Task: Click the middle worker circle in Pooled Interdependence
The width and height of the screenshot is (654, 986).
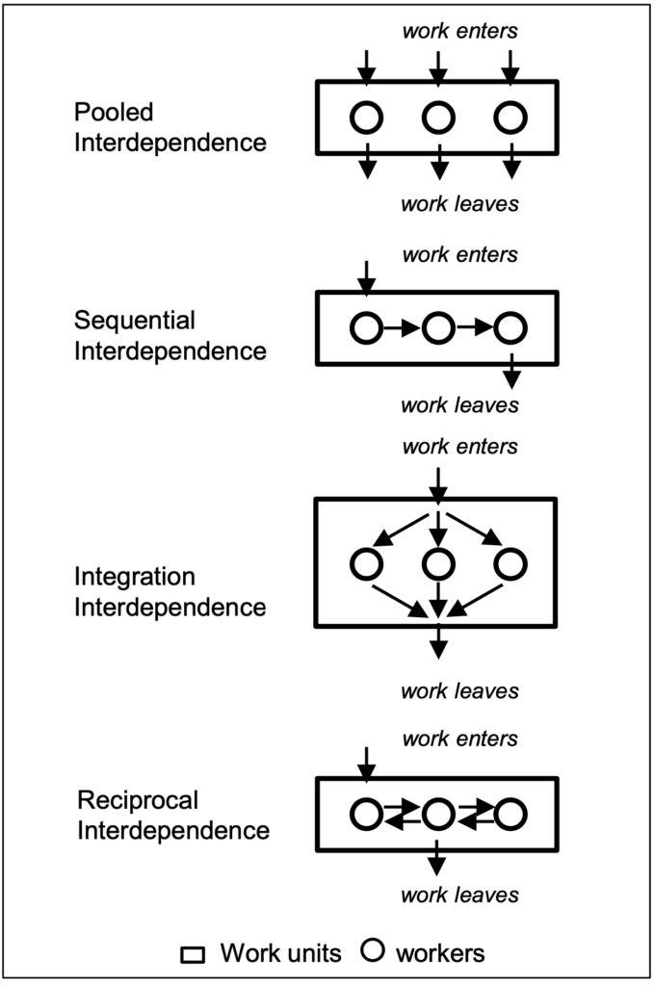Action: coord(438,102)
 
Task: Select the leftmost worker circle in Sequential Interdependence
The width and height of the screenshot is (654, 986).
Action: coord(366,313)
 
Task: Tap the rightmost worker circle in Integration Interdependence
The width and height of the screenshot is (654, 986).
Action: coord(510,548)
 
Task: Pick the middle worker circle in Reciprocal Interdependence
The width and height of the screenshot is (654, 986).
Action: coord(438,799)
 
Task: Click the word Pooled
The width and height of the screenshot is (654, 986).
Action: coord(114,113)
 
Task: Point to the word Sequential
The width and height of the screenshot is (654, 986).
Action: coord(135,321)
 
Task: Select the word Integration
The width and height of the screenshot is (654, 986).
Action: coord(135,578)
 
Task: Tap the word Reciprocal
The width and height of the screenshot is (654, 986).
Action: coord(138,800)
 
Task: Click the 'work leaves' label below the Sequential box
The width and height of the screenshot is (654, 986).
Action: coord(459,405)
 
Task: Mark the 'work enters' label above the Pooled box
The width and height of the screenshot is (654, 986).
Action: coord(459,31)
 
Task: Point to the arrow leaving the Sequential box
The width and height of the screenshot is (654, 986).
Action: coord(511,371)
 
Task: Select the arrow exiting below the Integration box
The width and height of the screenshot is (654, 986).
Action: coord(437,640)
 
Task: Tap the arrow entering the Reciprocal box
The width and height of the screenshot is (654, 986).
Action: coord(366,765)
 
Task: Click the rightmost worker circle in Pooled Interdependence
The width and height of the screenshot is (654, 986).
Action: coord(510,102)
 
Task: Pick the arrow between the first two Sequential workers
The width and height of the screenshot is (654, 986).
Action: coord(402,327)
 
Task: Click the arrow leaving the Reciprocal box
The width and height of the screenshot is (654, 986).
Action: coord(436,857)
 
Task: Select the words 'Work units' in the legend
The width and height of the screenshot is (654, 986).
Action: coord(280,953)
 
